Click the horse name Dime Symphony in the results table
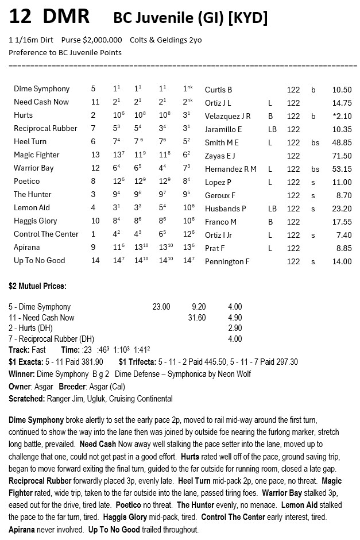tap(41, 89)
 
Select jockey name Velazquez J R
tap(227, 116)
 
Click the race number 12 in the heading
tap(20, 17)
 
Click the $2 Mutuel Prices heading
tap(37, 286)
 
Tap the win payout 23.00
tap(161, 307)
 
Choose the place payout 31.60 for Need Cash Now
tap(197, 318)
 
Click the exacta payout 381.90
tap(89, 362)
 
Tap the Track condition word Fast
tap(38, 350)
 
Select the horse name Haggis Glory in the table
tap(36, 221)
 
